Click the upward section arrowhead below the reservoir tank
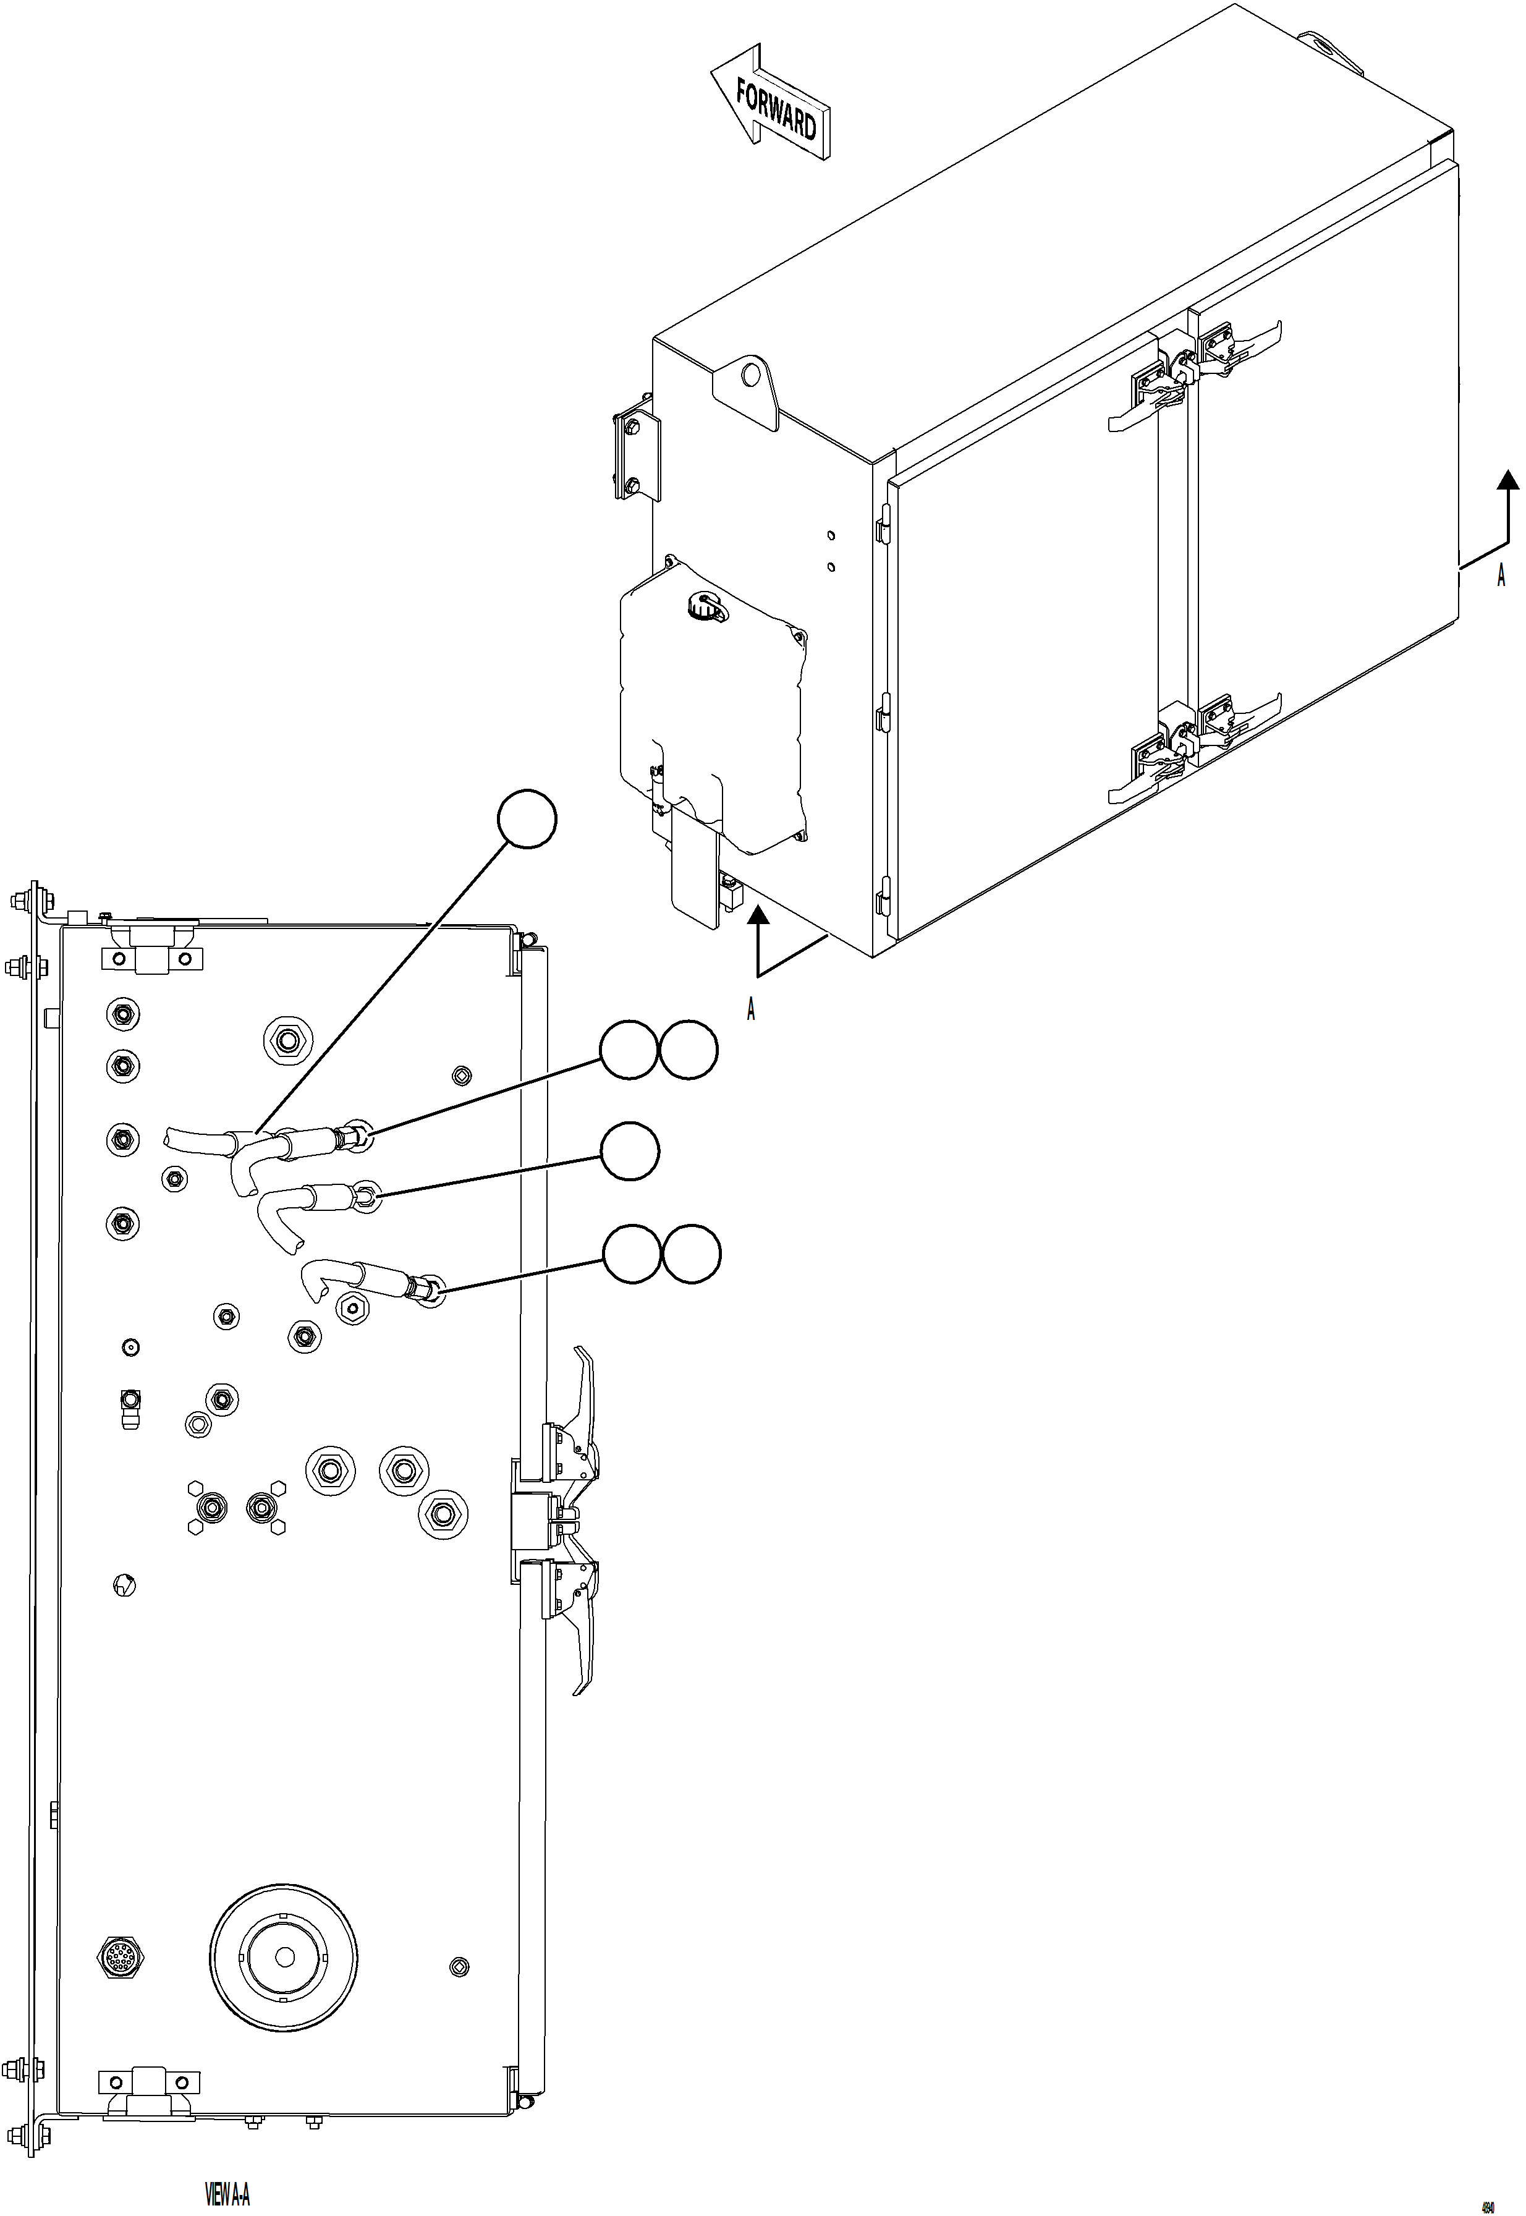(x=758, y=919)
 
